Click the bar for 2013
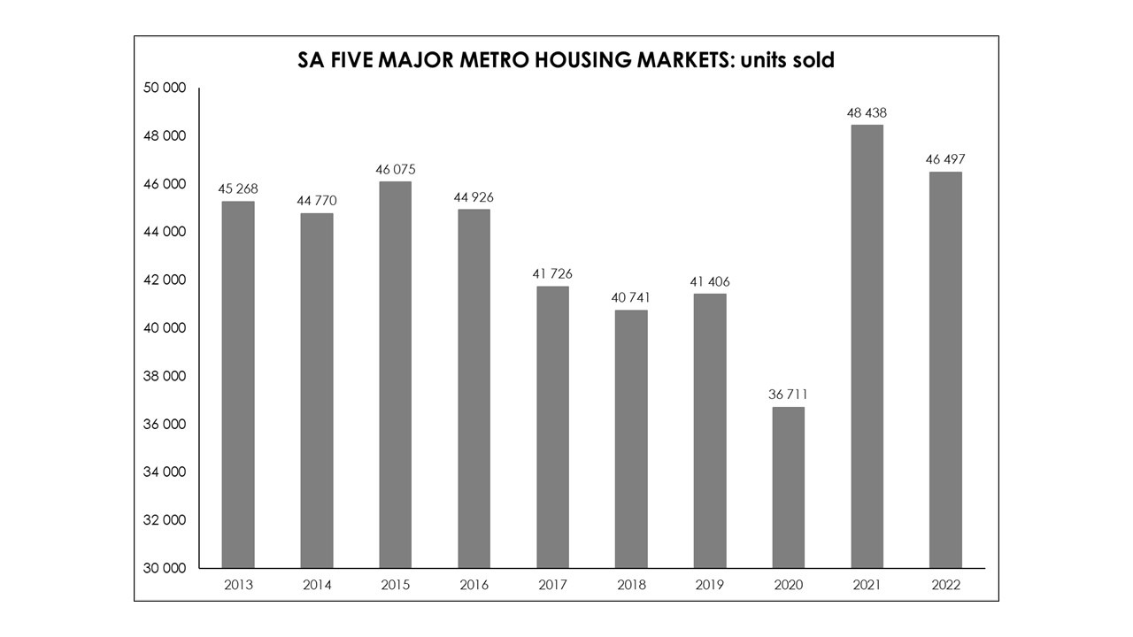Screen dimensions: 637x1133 click(238, 385)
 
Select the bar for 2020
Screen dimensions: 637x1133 click(789, 487)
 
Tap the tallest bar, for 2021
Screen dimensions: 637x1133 click(867, 346)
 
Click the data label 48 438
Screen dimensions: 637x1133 click(867, 113)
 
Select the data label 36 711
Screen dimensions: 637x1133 click(789, 395)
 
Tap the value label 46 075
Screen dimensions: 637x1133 click(395, 169)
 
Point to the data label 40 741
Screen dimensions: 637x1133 click(631, 297)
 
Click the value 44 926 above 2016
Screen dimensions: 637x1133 click(474, 197)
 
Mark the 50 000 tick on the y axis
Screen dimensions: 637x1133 click(166, 88)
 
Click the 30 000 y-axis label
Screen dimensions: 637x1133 click(166, 568)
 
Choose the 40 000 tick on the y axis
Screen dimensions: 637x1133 click(166, 328)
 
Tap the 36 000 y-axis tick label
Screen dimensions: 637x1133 click(166, 424)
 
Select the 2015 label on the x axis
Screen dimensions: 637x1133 click(395, 585)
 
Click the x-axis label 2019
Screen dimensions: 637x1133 click(710, 585)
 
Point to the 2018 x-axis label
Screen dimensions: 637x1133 click(631, 585)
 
